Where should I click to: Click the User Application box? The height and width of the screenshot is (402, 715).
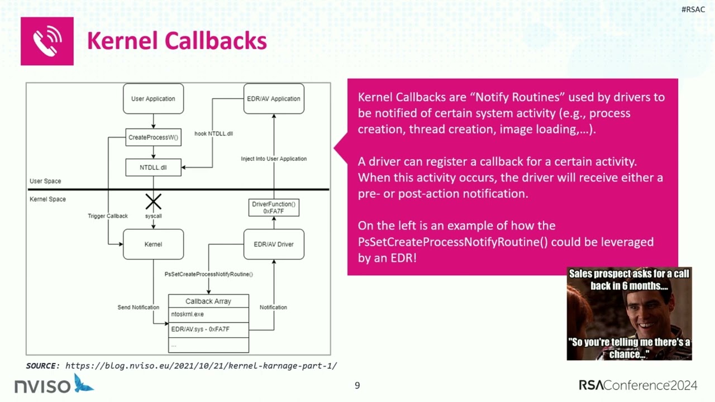coord(153,99)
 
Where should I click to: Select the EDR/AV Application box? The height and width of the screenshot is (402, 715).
coord(274,99)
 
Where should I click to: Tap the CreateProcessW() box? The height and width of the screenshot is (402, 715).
coord(153,137)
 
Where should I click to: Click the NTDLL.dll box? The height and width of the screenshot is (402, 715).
coord(153,167)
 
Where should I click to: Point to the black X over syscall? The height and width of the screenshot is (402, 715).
coord(153,202)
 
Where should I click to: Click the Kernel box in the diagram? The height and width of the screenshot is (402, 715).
coord(153,244)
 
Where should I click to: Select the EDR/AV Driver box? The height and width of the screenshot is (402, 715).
coord(274,244)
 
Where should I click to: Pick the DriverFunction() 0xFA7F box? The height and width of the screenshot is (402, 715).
coord(274,208)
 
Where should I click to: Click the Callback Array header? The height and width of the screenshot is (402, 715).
coord(208,301)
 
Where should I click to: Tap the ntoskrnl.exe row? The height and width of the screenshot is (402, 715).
coord(208,314)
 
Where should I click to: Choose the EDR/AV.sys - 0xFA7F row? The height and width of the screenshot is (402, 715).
coord(208,329)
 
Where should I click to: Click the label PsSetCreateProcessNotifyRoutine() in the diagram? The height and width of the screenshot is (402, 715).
coord(208,274)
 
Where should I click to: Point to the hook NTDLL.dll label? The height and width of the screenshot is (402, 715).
coord(213,134)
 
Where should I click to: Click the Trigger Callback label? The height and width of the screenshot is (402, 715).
coord(108,216)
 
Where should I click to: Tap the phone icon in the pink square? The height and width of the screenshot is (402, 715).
coord(47,41)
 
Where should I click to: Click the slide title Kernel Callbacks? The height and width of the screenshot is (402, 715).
coord(177,41)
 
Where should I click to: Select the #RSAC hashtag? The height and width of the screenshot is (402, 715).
coord(693,9)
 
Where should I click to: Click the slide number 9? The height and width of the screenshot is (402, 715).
coord(357,385)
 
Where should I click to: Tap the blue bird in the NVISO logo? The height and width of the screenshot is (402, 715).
coord(84,383)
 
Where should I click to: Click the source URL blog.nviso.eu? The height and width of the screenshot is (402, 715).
coord(201,366)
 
